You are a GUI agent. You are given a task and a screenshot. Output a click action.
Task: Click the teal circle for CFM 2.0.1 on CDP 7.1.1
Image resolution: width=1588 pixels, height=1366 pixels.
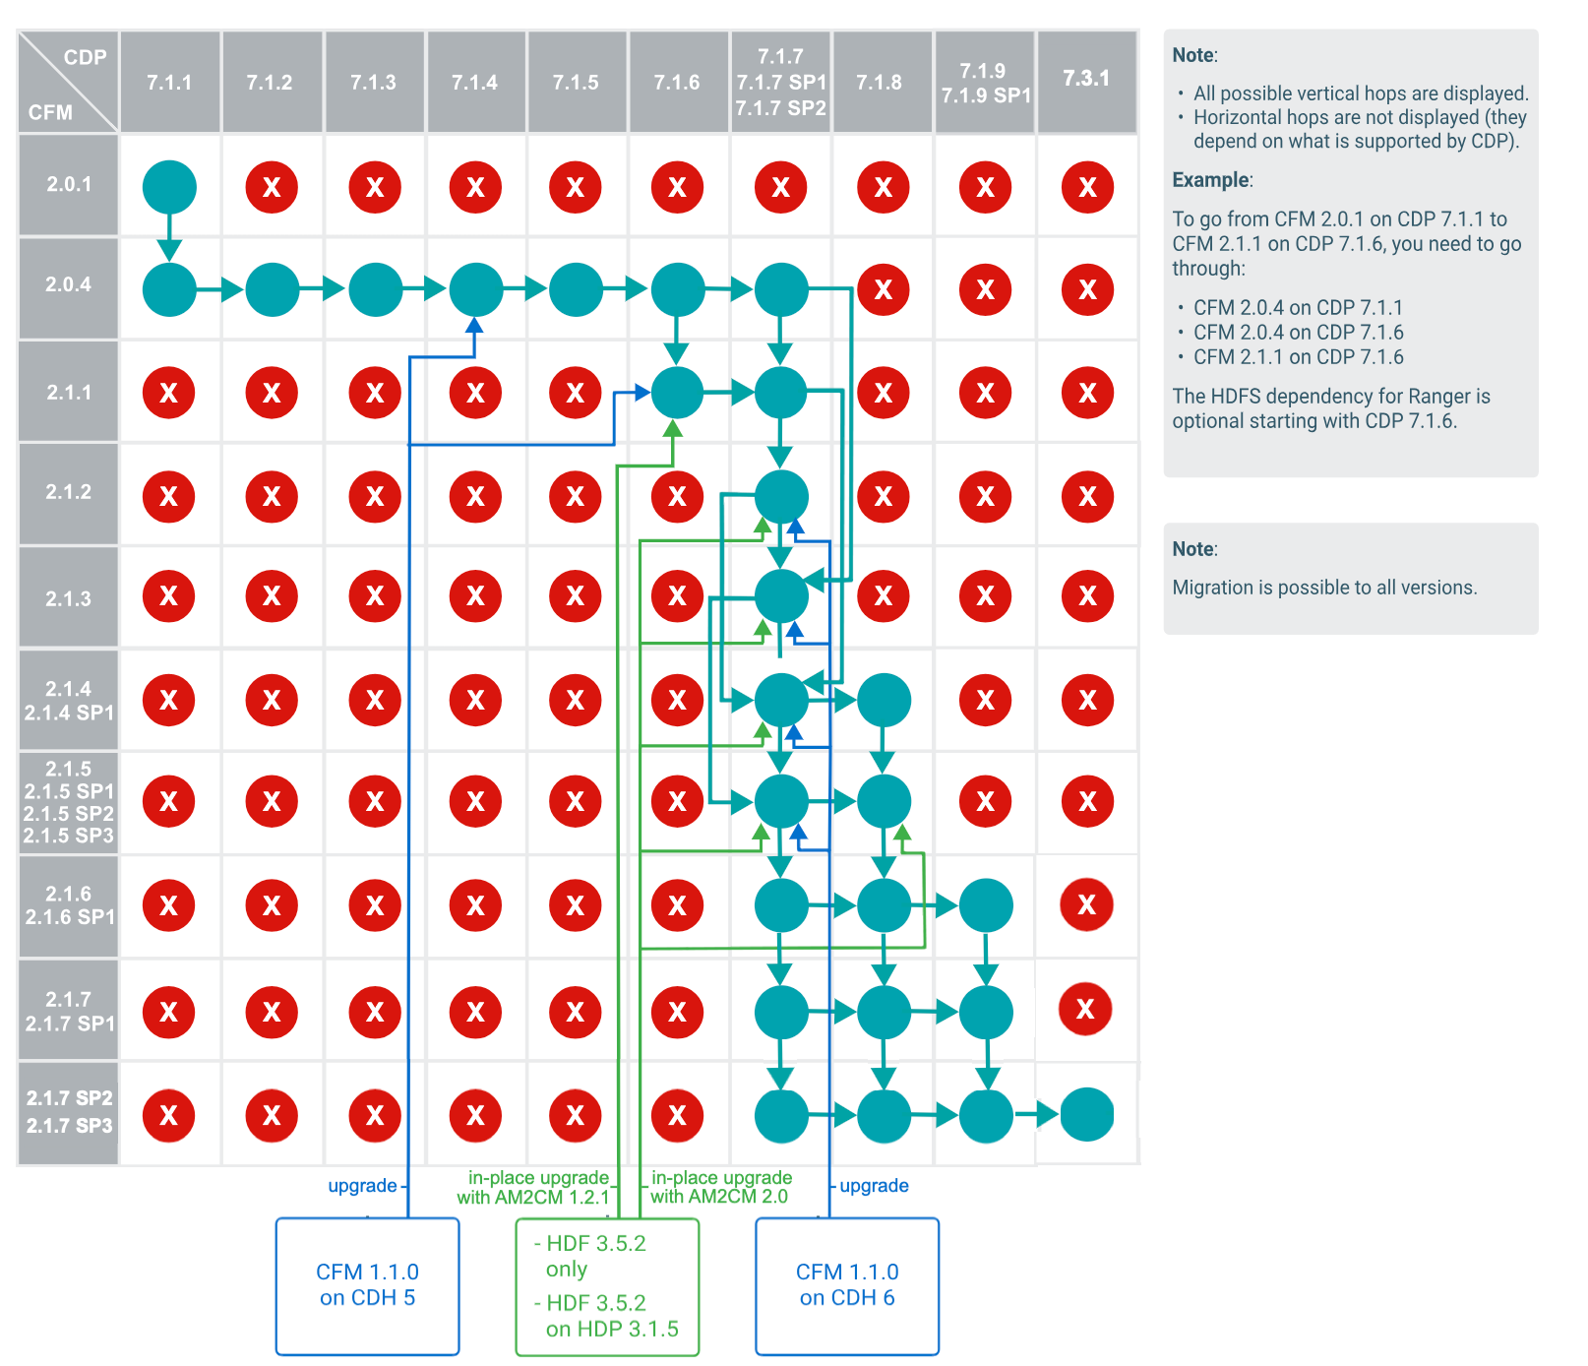[x=169, y=187]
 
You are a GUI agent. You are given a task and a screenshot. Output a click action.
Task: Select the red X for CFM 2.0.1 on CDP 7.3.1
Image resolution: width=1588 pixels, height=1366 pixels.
[x=1087, y=187]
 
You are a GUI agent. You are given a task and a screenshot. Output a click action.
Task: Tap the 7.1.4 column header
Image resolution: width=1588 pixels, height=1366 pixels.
[x=474, y=83]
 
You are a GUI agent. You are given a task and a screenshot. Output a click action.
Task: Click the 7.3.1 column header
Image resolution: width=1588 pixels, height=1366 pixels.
[x=1086, y=79]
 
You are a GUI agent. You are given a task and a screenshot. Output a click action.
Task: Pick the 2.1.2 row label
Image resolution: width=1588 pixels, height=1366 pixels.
[x=68, y=492]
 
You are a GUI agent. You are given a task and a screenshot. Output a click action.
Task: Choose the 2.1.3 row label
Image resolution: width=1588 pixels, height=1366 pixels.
[x=68, y=598]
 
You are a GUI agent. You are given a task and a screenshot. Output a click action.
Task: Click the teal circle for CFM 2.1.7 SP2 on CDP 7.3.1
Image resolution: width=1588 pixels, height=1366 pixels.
[x=1087, y=1114]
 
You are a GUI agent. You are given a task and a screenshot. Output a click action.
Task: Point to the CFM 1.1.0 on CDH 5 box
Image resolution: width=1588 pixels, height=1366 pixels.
[x=367, y=1285]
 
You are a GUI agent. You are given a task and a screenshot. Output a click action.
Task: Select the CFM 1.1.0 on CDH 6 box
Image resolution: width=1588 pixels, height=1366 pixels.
[x=847, y=1285]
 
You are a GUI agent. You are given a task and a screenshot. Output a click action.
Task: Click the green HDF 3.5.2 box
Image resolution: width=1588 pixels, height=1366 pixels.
[x=607, y=1286]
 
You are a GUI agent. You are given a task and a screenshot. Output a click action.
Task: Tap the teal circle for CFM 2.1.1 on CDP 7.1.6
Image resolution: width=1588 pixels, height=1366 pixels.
[x=677, y=393]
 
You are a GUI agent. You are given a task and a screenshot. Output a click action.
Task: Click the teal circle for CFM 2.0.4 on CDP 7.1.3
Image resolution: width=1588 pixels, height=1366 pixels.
[x=375, y=289]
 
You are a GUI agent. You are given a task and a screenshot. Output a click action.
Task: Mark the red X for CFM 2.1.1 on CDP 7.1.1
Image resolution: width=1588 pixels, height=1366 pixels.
[x=169, y=393]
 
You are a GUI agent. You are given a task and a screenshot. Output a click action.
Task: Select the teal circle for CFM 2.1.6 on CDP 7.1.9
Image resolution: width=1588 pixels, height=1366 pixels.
[x=986, y=905]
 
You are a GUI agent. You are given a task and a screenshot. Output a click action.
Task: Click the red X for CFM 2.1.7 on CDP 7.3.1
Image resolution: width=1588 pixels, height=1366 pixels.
[x=1085, y=1009]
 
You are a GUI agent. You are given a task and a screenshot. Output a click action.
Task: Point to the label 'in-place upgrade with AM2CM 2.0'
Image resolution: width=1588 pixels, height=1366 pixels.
[x=720, y=1187]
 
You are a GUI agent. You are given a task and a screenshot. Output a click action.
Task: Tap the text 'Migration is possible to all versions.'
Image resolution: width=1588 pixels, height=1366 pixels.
[x=1324, y=588]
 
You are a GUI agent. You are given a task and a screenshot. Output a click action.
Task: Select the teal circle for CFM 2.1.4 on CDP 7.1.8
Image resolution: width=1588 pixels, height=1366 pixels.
[x=884, y=700]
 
